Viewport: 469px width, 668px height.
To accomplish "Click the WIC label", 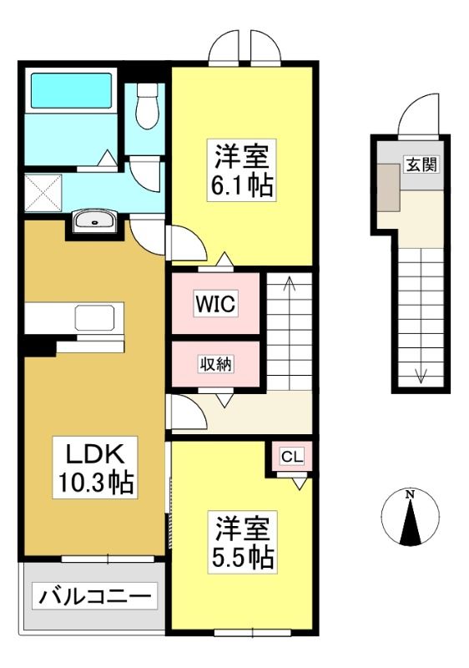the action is (215, 304).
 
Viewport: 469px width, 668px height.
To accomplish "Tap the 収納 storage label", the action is (216, 364).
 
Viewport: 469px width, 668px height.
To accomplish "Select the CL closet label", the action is (292, 457).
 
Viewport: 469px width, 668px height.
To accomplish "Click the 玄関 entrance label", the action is (421, 164).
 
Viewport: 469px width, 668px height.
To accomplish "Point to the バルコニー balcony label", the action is (95, 596).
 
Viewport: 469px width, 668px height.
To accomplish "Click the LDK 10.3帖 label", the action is (95, 468).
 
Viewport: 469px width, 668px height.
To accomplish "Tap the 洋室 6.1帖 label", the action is (242, 170).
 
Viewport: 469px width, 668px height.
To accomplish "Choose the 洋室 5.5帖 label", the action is (242, 542).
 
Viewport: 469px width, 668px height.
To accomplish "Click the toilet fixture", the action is (147, 106).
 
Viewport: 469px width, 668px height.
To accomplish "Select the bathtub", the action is (72, 90).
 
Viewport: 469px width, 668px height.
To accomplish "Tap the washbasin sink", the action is (93, 221).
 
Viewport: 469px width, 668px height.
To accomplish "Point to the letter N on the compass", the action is (410, 494).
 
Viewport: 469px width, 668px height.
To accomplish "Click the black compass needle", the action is (411, 523).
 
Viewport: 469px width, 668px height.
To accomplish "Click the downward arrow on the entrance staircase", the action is (421, 316).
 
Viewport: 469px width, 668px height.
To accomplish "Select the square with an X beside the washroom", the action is (43, 192).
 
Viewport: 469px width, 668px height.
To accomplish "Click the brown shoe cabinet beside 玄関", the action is (389, 187).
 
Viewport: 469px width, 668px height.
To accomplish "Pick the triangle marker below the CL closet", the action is (300, 483).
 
